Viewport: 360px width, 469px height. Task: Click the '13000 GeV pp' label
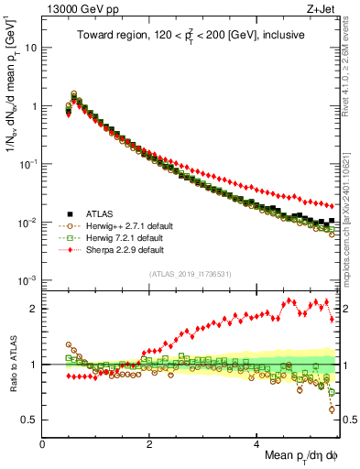76,8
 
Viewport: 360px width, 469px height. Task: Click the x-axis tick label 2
150,444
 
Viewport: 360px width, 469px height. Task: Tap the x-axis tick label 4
257,444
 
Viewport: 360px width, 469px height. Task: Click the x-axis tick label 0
43,444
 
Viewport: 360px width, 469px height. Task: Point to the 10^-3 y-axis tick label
27,280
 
